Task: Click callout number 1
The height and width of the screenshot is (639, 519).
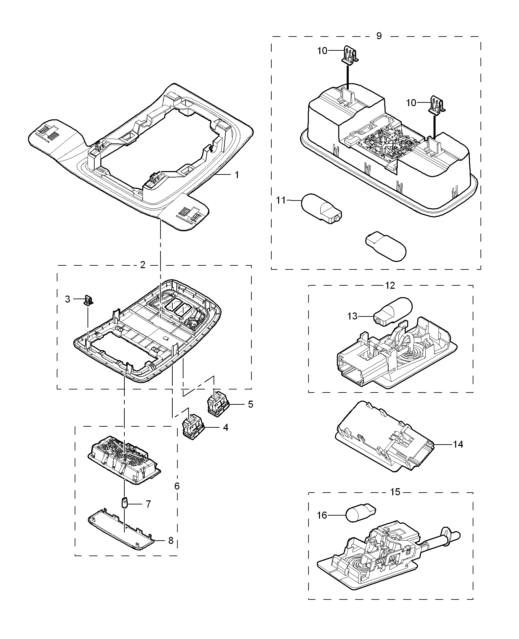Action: (237, 175)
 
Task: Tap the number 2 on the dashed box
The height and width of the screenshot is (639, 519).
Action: (143, 265)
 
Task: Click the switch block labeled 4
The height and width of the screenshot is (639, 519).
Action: (193, 427)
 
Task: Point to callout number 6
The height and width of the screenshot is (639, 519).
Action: (177, 486)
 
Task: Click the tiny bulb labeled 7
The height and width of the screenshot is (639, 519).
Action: (125, 503)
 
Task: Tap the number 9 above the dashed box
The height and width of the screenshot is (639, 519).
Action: (379, 36)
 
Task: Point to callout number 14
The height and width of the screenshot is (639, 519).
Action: (458, 444)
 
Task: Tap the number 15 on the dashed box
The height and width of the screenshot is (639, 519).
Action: (395, 492)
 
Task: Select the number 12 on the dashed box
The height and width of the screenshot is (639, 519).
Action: (390, 285)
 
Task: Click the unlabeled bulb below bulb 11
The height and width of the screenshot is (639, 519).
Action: (386, 247)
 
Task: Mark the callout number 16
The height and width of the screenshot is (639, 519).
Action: (322, 515)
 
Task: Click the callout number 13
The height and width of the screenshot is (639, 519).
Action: (352, 316)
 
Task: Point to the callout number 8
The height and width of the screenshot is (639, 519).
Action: (171, 541)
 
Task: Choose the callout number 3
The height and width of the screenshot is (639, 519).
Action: (68, 299)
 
